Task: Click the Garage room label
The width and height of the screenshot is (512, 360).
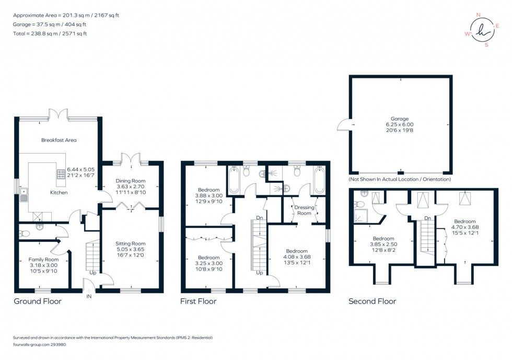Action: coord(400,119)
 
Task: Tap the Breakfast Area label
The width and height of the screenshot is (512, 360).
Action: coord(59,140)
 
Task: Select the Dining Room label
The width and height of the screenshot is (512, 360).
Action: coord(130,181)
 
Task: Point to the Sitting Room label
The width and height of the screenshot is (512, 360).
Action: coord(130,243)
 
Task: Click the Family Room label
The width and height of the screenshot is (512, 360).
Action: coord(43,260)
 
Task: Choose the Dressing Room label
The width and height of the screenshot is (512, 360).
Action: coord(304,210)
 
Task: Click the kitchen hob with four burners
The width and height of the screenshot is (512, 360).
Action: coord(61,174)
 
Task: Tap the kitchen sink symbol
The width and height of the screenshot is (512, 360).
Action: coord(24,195)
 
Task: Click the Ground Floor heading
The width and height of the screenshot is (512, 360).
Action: coord(38,301)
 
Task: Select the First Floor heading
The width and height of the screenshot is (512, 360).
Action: coord(198,301)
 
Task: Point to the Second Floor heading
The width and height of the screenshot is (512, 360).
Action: coord(372,301)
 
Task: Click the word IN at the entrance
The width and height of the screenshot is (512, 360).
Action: coord(89,297)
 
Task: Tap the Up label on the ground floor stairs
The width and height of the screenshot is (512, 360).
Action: coord(93,273)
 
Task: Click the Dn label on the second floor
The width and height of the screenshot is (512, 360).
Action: coord(427,218)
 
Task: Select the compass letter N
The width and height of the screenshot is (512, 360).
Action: coord(479,15)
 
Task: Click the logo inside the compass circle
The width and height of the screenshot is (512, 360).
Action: coord(483,30)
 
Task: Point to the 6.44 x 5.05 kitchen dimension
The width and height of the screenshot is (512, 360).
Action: coord(80,169)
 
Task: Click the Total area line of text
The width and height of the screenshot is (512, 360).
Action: coord(50,33)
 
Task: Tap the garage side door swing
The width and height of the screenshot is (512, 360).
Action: coord(344,124)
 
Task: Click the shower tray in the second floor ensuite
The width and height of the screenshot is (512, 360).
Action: coord(361,216)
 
